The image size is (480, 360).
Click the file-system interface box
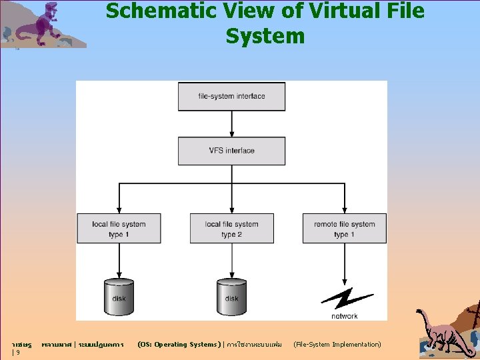231,97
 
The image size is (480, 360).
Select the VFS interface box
231,151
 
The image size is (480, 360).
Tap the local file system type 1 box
119,229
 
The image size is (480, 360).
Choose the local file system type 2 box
231,229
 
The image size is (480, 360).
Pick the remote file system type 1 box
344,229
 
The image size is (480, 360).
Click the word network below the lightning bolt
344,316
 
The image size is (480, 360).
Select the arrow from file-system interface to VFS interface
231,124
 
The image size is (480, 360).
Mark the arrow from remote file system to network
344,263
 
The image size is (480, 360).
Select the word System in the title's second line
265,36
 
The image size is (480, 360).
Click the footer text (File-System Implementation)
337,345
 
